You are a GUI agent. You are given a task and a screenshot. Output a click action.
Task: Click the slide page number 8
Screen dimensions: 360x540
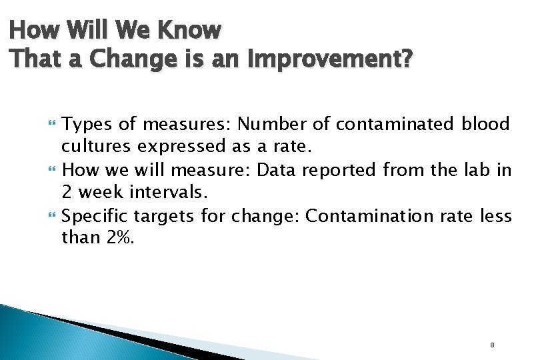492,345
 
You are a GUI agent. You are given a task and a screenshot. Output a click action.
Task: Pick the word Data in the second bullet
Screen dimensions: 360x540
277,169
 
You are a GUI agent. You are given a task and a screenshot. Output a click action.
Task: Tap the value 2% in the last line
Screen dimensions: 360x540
120,237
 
